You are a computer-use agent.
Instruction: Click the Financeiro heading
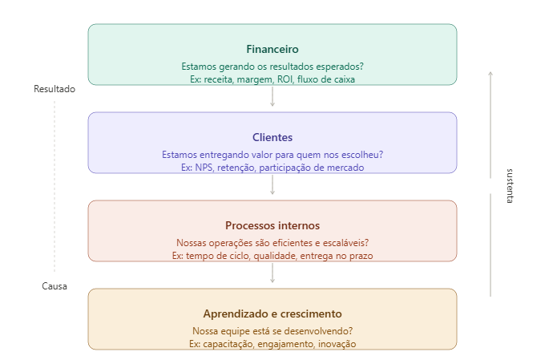pos(272,49)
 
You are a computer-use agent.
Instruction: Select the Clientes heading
pos(272,137)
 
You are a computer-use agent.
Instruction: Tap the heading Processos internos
pos(272,225)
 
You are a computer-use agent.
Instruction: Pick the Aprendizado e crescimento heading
pos(272,313)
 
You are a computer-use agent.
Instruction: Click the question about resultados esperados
pos(272,67)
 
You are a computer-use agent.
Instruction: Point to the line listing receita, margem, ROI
pos(272,79)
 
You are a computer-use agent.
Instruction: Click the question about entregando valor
pos(272,155)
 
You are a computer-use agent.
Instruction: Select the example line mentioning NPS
pos(272,168)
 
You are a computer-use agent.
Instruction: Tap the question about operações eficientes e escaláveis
pos(272,243)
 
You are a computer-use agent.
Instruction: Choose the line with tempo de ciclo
pos(272,256)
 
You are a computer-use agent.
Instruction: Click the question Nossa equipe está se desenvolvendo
pos(272,331)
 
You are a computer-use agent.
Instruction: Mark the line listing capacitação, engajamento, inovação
pos(272,344)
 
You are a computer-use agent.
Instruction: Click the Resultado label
pos(54,89)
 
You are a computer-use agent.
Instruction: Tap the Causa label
pos(54,286)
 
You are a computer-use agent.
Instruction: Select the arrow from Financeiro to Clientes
pos(272,98)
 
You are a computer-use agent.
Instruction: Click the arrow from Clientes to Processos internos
pos(272,186)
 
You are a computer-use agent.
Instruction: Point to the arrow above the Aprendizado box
pos(272,274)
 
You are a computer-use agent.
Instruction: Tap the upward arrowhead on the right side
pos(490,74)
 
